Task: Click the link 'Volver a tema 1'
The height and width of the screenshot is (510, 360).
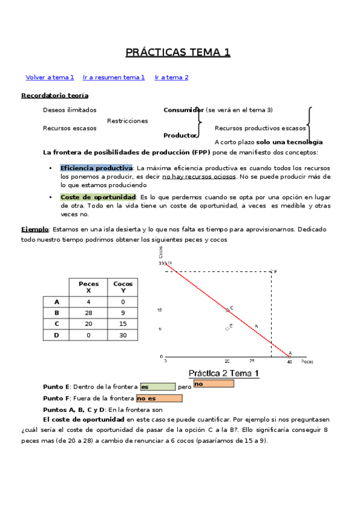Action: click(x=50, y=78)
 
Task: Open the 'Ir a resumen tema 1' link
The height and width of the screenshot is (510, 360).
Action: click(x=114, y=78)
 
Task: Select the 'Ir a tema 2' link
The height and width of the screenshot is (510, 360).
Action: click(x=171, y=78)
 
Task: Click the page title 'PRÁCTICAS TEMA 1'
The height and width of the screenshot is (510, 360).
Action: click(x=178, y=53)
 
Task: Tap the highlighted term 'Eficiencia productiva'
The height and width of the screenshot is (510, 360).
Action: click(x=96, y=168)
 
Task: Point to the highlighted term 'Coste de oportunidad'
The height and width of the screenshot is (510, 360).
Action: click(x=99, y=197)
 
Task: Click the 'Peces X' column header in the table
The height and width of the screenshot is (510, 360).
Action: click(x=88, y=287)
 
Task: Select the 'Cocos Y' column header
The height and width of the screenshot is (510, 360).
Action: click(x=123, y=287)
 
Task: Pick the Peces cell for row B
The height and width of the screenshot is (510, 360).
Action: click(x=88, y=313)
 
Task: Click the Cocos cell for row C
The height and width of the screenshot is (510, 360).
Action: click(x=123, y=324)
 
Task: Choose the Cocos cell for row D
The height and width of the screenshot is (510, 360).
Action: click(x=123, y=335)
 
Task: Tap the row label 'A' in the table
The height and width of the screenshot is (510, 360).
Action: click(x=57, y=302)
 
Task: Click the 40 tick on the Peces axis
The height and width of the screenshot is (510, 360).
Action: click(x=290, y=362)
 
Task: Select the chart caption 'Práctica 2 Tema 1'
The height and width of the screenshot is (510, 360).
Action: click(x=224, y=373)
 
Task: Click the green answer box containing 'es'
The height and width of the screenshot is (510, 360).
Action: click(x=157, y=387)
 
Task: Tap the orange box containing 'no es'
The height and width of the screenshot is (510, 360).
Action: click(x=159, y=398)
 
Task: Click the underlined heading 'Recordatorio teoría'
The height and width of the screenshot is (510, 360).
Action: click(x=55, y=96)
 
